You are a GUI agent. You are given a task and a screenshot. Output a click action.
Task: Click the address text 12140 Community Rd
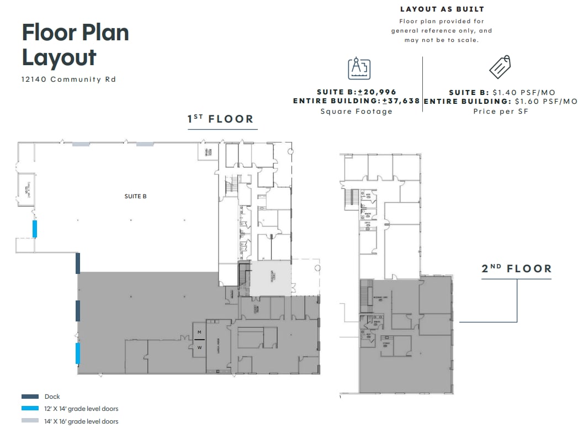69,79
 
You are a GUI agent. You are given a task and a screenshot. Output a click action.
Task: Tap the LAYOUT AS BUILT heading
442,9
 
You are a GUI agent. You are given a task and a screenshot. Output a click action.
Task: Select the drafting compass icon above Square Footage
359,68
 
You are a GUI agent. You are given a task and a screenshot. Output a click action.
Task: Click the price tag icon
500,67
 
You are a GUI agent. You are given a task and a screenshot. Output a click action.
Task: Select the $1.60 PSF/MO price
545,101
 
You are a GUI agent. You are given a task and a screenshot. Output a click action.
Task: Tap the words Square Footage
356,111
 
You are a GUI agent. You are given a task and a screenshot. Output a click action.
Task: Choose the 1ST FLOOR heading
220,119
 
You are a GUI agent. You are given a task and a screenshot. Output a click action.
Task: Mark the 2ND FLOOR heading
516,268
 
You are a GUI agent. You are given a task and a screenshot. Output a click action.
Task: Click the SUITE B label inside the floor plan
135,196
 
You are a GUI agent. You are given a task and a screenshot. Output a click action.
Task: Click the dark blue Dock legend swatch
30,397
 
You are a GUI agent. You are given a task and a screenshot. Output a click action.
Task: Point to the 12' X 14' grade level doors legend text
82,409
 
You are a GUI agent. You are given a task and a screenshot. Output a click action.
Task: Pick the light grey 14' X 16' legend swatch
30,421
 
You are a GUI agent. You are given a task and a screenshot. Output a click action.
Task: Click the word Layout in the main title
59,57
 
